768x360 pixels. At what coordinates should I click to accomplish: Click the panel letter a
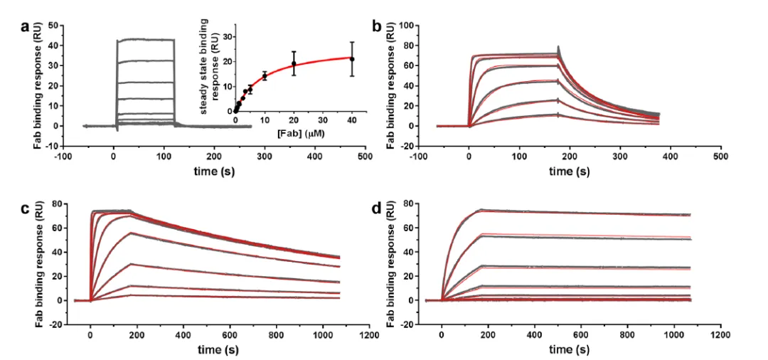click(26, 28)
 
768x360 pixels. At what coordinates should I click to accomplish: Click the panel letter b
click(378, 28)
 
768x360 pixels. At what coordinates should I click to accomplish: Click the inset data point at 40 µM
click(351, 59)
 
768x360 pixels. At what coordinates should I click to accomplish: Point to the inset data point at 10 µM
click(265, 75)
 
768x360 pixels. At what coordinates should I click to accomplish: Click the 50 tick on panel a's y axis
click(51, 25)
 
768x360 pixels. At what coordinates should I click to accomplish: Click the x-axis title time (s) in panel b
click(569, 171)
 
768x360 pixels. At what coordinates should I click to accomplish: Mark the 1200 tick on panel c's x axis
click(368, 332)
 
